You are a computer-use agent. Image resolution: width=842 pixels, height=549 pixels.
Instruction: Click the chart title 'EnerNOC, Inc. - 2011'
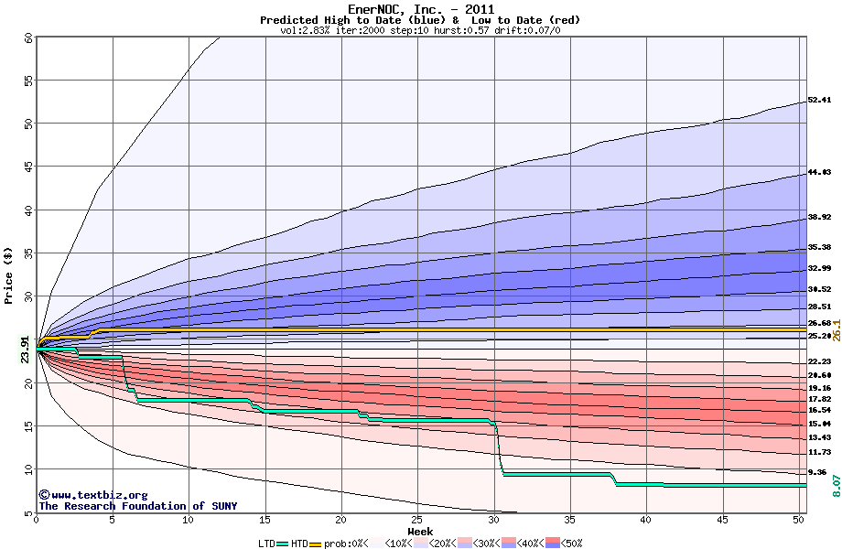pos(420,9)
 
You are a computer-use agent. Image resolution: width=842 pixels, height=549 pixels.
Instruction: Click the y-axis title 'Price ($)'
pos(9,275)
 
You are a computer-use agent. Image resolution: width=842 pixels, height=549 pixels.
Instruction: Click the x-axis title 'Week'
pos(420,532)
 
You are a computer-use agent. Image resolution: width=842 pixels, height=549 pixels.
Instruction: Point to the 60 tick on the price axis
pos(28,38)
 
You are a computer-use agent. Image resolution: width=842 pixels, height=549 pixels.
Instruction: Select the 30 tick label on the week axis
pos(494,520)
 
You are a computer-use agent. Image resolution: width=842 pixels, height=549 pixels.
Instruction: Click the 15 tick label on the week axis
pos(265,520)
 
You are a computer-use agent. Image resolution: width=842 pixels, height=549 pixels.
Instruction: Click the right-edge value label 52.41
pos(819,100)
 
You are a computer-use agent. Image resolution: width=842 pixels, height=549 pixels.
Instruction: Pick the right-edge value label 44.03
pos(819,172)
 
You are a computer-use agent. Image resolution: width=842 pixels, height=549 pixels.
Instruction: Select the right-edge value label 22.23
pos(819,361)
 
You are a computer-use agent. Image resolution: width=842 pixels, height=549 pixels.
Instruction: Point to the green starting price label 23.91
pos(26,350)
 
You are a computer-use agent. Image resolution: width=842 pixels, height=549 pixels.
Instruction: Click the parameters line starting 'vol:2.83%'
pos(420,30)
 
